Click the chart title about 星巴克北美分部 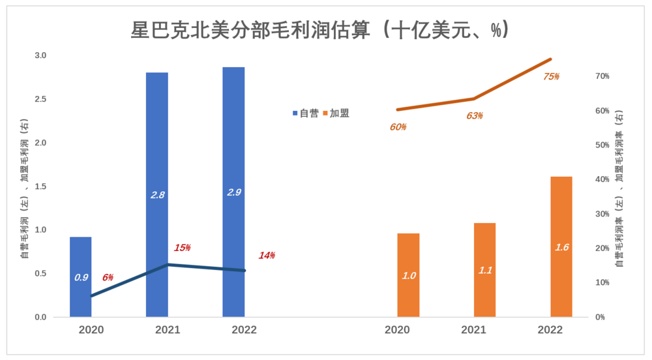(x=319, y=29)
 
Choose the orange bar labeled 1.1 (x=485, y=270)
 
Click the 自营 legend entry (x=305, y=113)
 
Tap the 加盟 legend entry (x=336, y=113)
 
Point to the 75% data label (x=551, y=76)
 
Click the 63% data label (x=474, y=115)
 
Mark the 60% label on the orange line (x=398, y=127)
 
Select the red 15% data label (x=182, y=248)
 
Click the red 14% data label (x=267, y=255)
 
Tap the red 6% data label (x=108, y=277)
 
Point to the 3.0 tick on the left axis (x=40, y=55)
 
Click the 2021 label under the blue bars (x=168, y=330)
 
